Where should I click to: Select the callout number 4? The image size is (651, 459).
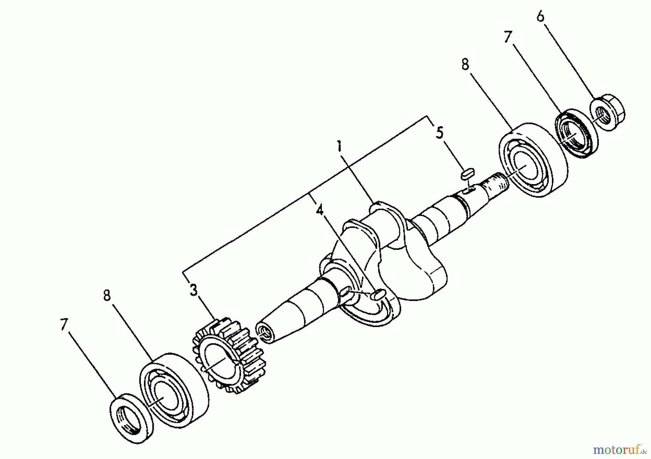pos(320,210)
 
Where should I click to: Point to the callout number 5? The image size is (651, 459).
pos(439,133)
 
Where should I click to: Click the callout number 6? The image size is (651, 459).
pos(540,17)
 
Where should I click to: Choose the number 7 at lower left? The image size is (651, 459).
pos(64,324)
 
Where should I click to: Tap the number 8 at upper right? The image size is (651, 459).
pos(465,65)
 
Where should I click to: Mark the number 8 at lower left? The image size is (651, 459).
pos(107,296)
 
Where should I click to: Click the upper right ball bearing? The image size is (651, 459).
pos(532,160)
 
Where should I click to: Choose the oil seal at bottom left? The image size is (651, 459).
pos(132,418)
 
